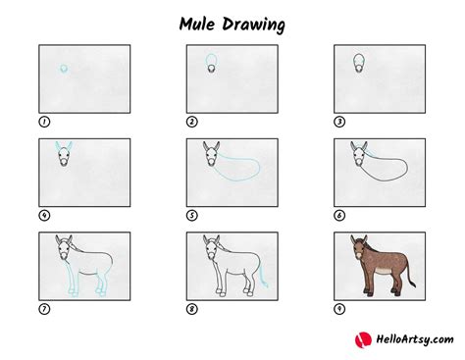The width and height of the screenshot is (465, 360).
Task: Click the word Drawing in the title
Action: pos(258,22)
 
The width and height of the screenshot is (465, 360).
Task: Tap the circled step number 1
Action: pos(43,122)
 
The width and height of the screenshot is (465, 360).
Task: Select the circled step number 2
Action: pos(191,122)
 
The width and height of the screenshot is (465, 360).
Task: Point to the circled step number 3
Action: pos(338,122)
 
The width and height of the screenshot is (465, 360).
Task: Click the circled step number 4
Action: pos(43,215)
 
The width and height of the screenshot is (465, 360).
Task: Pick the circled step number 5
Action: pos(191,215)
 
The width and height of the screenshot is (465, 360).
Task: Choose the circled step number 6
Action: pos(338,215)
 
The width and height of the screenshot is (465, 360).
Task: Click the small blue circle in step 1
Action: pos(64,69)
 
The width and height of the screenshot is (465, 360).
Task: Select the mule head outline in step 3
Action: pos(359,66)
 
